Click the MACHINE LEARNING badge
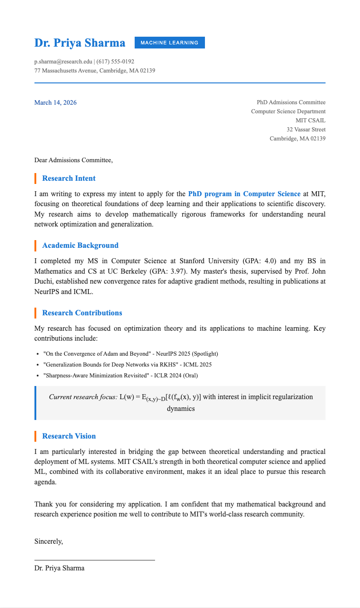170,43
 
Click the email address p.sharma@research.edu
63,62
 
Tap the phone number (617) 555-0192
115,62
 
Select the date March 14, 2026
55,102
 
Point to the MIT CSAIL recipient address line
310,121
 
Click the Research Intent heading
68,179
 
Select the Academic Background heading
80,246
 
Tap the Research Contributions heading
82,313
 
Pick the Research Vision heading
68,436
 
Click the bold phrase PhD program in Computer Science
244,194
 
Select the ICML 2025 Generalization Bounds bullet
127,364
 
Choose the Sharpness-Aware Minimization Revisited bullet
120,375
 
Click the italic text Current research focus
83,397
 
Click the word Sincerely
49,541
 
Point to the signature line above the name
94,560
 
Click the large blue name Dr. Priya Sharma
80,43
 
